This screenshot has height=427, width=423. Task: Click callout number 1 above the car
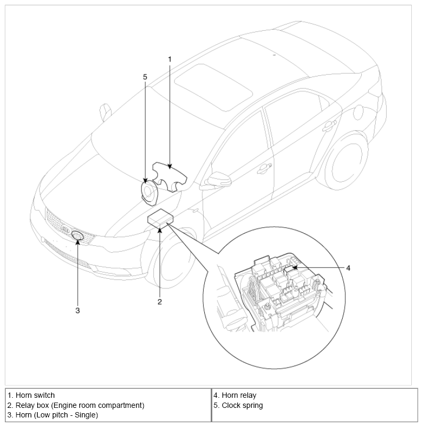tap(170, 59)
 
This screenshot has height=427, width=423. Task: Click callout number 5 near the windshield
tap(145, 76)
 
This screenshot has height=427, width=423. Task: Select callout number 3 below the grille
tap(77, 310)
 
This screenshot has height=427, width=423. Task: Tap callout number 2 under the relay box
tap(159, 302)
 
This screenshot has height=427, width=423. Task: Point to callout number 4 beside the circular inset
tap(348, 268)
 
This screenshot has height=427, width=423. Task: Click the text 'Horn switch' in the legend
tap(35, 395)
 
